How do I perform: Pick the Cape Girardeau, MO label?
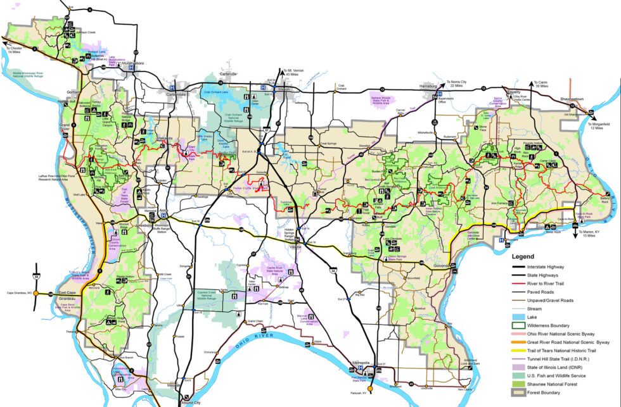click(20, 293)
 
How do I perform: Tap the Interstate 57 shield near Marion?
click(264, 129)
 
